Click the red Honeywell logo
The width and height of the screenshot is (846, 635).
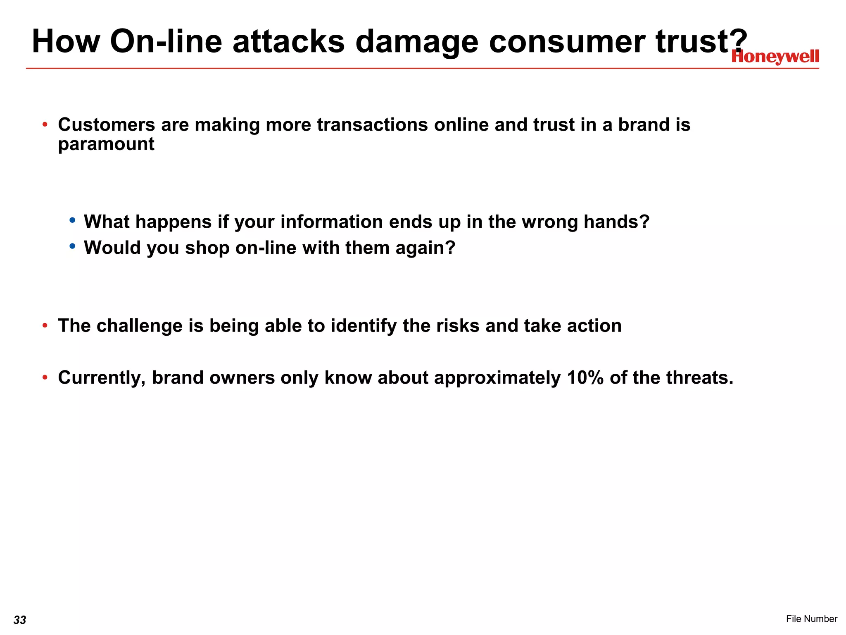775,57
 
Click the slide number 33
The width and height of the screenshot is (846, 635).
20,620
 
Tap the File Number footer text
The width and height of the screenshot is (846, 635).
811,618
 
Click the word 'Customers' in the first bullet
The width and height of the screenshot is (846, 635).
106,124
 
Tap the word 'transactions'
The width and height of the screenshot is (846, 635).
372,124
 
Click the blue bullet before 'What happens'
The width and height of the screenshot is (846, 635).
73,220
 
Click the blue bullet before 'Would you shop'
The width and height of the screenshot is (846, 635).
73,246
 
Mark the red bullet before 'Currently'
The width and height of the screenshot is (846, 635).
45,377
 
